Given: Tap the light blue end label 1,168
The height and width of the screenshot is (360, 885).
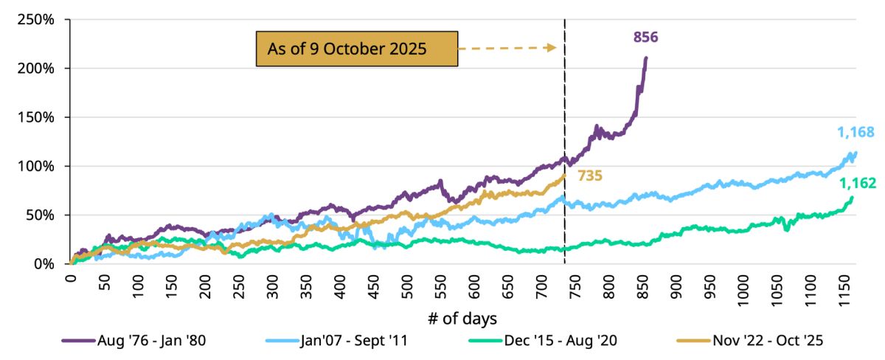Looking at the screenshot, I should pos(855,133).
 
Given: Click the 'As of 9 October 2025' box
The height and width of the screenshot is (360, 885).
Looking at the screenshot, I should pos(356,49).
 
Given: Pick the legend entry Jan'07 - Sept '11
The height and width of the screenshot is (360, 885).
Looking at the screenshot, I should pos(353,341).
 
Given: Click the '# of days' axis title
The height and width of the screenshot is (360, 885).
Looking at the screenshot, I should pos(463,319).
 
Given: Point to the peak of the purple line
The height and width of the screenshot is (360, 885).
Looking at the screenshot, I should pos(647,58).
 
